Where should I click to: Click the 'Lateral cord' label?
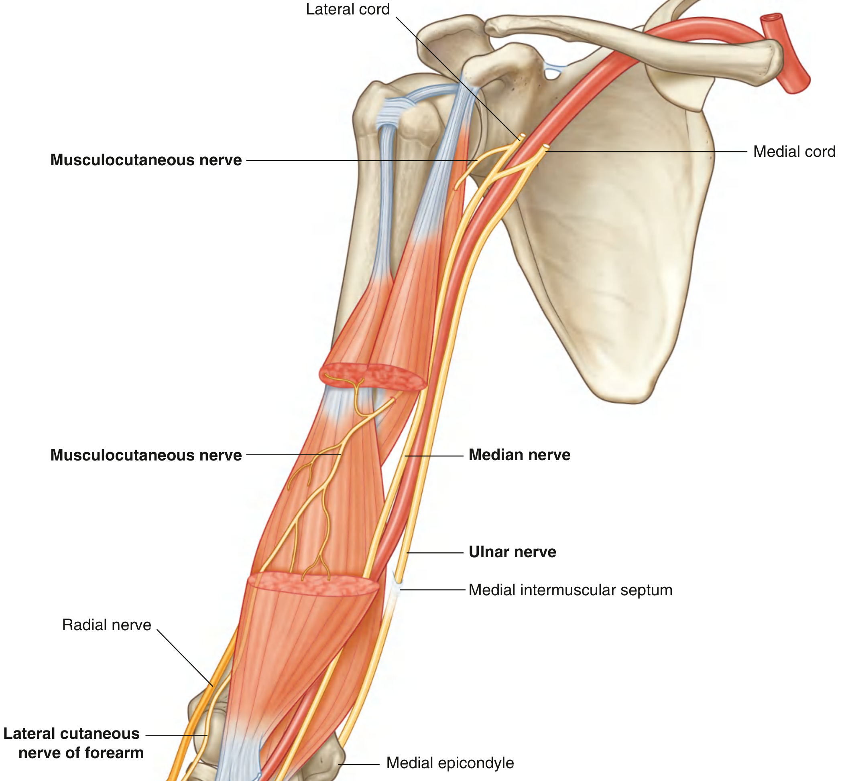348,9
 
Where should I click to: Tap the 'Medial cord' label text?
794,152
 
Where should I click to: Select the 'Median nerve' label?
519,455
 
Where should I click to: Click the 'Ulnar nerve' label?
513,552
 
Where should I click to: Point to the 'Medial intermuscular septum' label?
570,590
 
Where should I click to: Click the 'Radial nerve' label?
107,625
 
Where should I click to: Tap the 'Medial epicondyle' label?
450,763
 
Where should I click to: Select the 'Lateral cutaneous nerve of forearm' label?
73,743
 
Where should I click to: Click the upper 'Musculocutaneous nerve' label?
146,160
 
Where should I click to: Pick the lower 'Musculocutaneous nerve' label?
146,455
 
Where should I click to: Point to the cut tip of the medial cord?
546,147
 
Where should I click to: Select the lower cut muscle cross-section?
313,584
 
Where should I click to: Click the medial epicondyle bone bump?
332,761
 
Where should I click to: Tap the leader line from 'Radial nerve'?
184,657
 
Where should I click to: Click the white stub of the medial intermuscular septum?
396,592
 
